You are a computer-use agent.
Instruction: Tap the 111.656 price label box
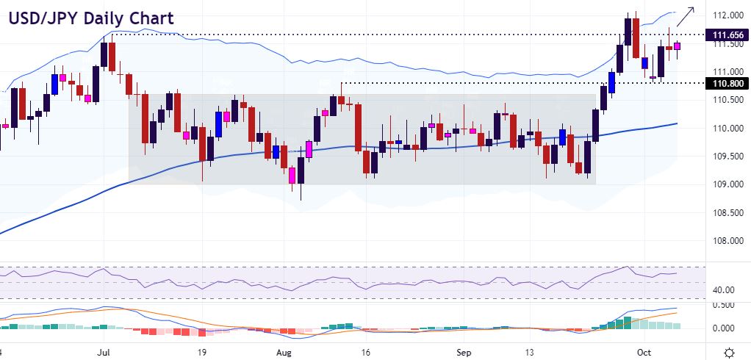point(726,35)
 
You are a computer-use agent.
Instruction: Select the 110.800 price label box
point(726,84)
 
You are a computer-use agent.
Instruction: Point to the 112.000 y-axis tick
point(726,15)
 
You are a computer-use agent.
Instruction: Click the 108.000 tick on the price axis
point(726,241)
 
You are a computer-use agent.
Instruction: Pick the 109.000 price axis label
point(726,184)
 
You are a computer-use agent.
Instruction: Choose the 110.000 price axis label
point(726,129)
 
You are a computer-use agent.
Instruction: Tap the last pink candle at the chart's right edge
point(677,46)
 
